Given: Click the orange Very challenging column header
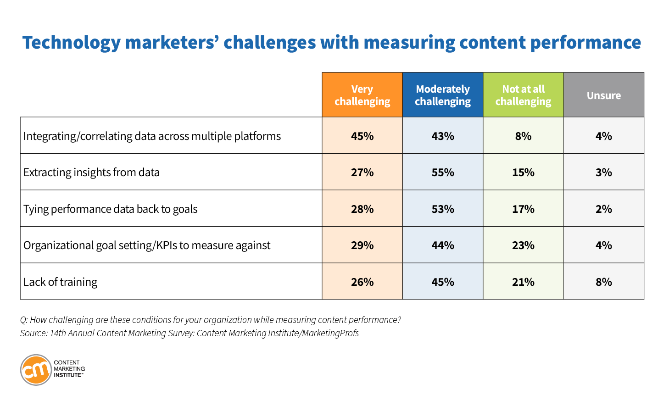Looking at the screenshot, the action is (x=362, y=95).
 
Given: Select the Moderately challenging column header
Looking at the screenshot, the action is (x=443, y=95).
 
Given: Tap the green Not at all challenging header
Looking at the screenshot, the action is (x=523, y=95).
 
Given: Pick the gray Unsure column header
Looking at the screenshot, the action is (x=603, y=95).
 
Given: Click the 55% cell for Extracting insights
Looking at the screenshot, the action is (x=443, y=172).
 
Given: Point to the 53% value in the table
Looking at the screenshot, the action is (x=443, y=209).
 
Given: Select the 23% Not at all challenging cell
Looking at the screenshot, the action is (x=523, y=245).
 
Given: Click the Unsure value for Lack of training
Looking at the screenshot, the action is (x=603, y=282).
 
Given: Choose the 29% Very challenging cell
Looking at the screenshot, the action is (x=362, y=245).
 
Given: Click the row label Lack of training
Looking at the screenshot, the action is (x=60, y=282).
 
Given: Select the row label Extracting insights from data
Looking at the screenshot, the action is (x=91, y=172).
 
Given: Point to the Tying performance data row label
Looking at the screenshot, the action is (x=110, y=209).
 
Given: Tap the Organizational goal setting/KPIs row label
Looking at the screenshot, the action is (x=147, y=245).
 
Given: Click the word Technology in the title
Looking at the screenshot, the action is (x=72, y=43).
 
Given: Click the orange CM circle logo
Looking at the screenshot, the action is (x=36, y=370).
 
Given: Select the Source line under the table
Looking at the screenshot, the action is (x=190, y=333).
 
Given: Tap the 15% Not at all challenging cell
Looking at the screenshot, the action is (x=523, y=172).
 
